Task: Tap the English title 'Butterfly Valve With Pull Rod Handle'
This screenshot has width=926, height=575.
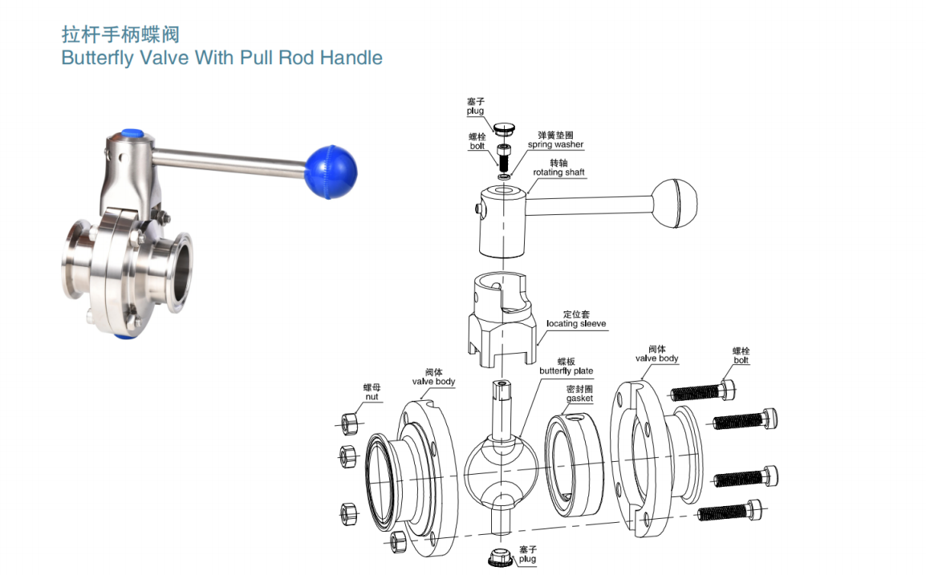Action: tap(221, 58)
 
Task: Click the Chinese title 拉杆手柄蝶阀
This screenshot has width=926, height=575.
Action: tap(120, 34)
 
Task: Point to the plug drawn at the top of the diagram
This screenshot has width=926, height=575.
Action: tap(503, 128)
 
